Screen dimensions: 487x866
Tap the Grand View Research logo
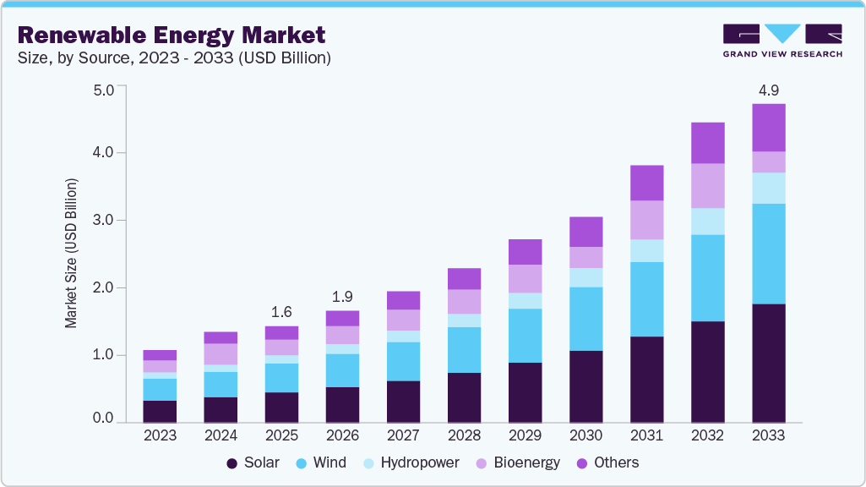click(x=782, y=41)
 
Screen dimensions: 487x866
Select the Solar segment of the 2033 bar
click(x=768, y=363)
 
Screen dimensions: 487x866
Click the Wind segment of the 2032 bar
click(x=707, y=277)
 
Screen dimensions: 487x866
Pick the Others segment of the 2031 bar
click(x=646, y=183)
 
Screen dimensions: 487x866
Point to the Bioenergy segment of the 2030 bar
click(x=586, y=257)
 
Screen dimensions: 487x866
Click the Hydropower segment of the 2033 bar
click(x=768, y=188)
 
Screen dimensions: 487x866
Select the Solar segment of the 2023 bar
click(x=160, y=411)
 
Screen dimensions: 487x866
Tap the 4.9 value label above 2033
click(x=768, y=90)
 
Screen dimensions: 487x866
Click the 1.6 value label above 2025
click(x=281, y=311)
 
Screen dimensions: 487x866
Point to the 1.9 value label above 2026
click(x=342, y=296)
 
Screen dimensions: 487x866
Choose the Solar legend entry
click(x=247, y=462)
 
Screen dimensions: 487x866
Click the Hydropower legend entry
click(x=411, y=462)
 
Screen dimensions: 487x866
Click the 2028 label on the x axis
click(x=464, y=435)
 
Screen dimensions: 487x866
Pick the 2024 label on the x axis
click(x=221, y=435)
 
